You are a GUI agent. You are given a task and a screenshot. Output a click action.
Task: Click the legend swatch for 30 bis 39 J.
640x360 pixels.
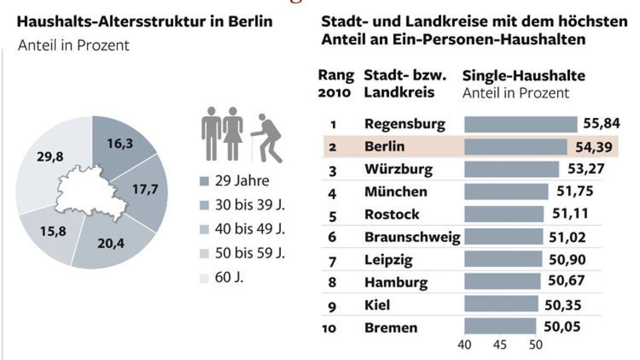[x=204, y=204]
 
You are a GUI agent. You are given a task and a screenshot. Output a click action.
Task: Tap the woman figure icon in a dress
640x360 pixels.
[x=233, y=133]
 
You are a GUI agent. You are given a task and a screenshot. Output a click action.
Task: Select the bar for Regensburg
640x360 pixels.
[x=521, y=124]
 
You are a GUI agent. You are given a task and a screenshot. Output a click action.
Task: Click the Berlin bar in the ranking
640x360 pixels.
[x=515, y=146]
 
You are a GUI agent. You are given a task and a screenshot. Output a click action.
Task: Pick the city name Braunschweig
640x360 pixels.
[x=412, y=237]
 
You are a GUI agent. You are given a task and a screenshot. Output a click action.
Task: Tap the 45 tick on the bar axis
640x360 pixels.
[x=500, y=345]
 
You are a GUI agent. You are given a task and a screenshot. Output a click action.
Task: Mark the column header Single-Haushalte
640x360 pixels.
[x=523, y=76]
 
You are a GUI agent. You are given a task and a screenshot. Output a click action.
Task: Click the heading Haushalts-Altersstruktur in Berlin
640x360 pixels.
[x=145, y=22]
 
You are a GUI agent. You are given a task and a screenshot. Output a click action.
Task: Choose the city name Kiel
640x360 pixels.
[x=377, y=305]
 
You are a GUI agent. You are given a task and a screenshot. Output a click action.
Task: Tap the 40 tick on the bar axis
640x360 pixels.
[x=465, y=345]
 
